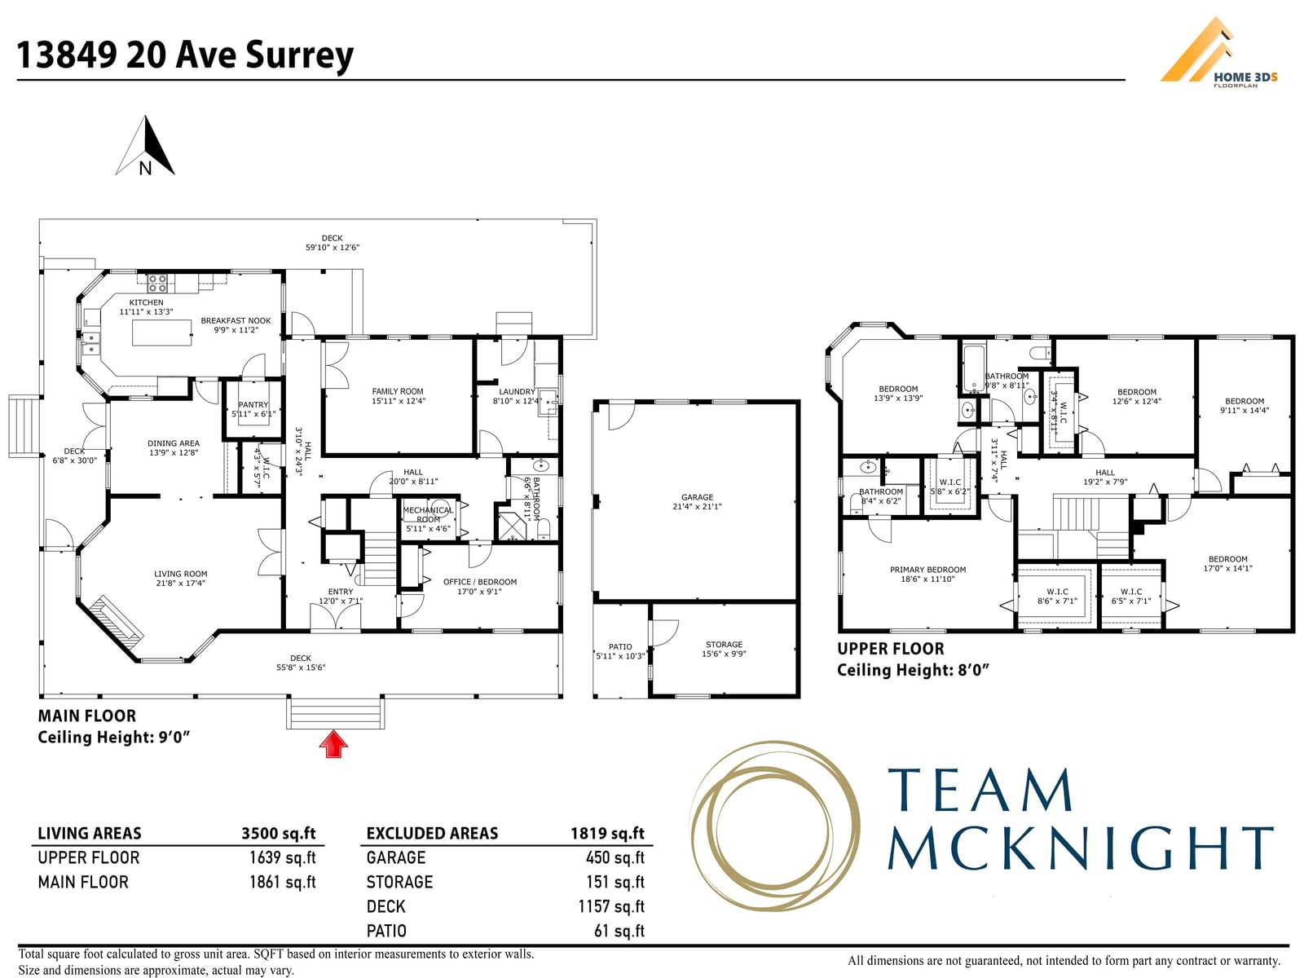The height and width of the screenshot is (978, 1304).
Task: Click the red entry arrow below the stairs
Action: (x=333, y=744)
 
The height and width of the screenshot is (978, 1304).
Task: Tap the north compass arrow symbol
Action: (x=145, y=146)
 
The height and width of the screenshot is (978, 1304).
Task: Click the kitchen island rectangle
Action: (x=161, y=332)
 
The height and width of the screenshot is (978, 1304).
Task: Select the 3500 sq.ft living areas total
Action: (x=278, y=833)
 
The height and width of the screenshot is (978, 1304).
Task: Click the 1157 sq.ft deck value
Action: (x=611, y=906)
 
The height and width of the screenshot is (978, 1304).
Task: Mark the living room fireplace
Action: (x=117, y=626)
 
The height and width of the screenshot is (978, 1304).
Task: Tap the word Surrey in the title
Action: (x=299, y=55)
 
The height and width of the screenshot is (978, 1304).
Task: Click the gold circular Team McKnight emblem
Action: (x=774, y=826)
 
